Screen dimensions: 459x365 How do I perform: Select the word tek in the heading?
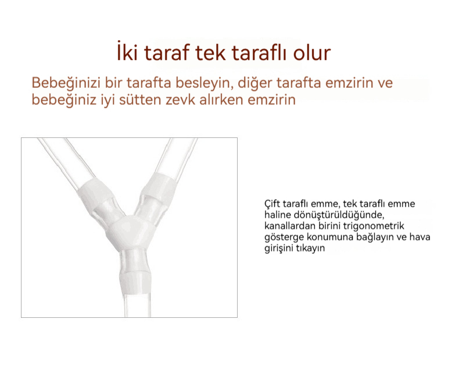(x=210, y=52)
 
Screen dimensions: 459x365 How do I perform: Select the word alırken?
(x=221, y=100)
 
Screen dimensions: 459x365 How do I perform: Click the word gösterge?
(x=284, y=238)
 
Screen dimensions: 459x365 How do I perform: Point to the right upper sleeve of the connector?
(x=160, y=187)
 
